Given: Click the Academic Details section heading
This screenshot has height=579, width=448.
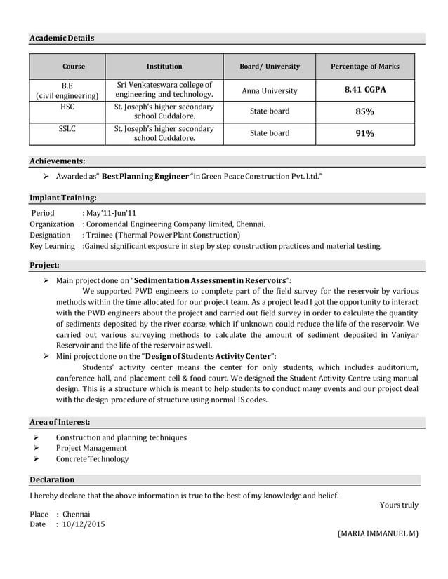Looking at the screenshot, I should tap(62, 38).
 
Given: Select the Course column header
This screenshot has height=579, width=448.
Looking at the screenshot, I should tap(74, 67).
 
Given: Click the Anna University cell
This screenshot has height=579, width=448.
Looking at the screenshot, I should tap(270, 90).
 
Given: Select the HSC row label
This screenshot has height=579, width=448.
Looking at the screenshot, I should tap(67, 107).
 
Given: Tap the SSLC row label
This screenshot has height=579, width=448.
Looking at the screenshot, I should tap(67, 129).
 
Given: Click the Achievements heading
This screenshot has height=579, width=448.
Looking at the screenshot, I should tap(57, 161).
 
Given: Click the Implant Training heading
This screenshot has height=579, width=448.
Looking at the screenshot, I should tap(63, 198).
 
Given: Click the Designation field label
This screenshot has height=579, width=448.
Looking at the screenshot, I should tap(50, 235).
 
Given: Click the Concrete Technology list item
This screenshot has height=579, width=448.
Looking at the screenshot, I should tap(92, 459).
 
